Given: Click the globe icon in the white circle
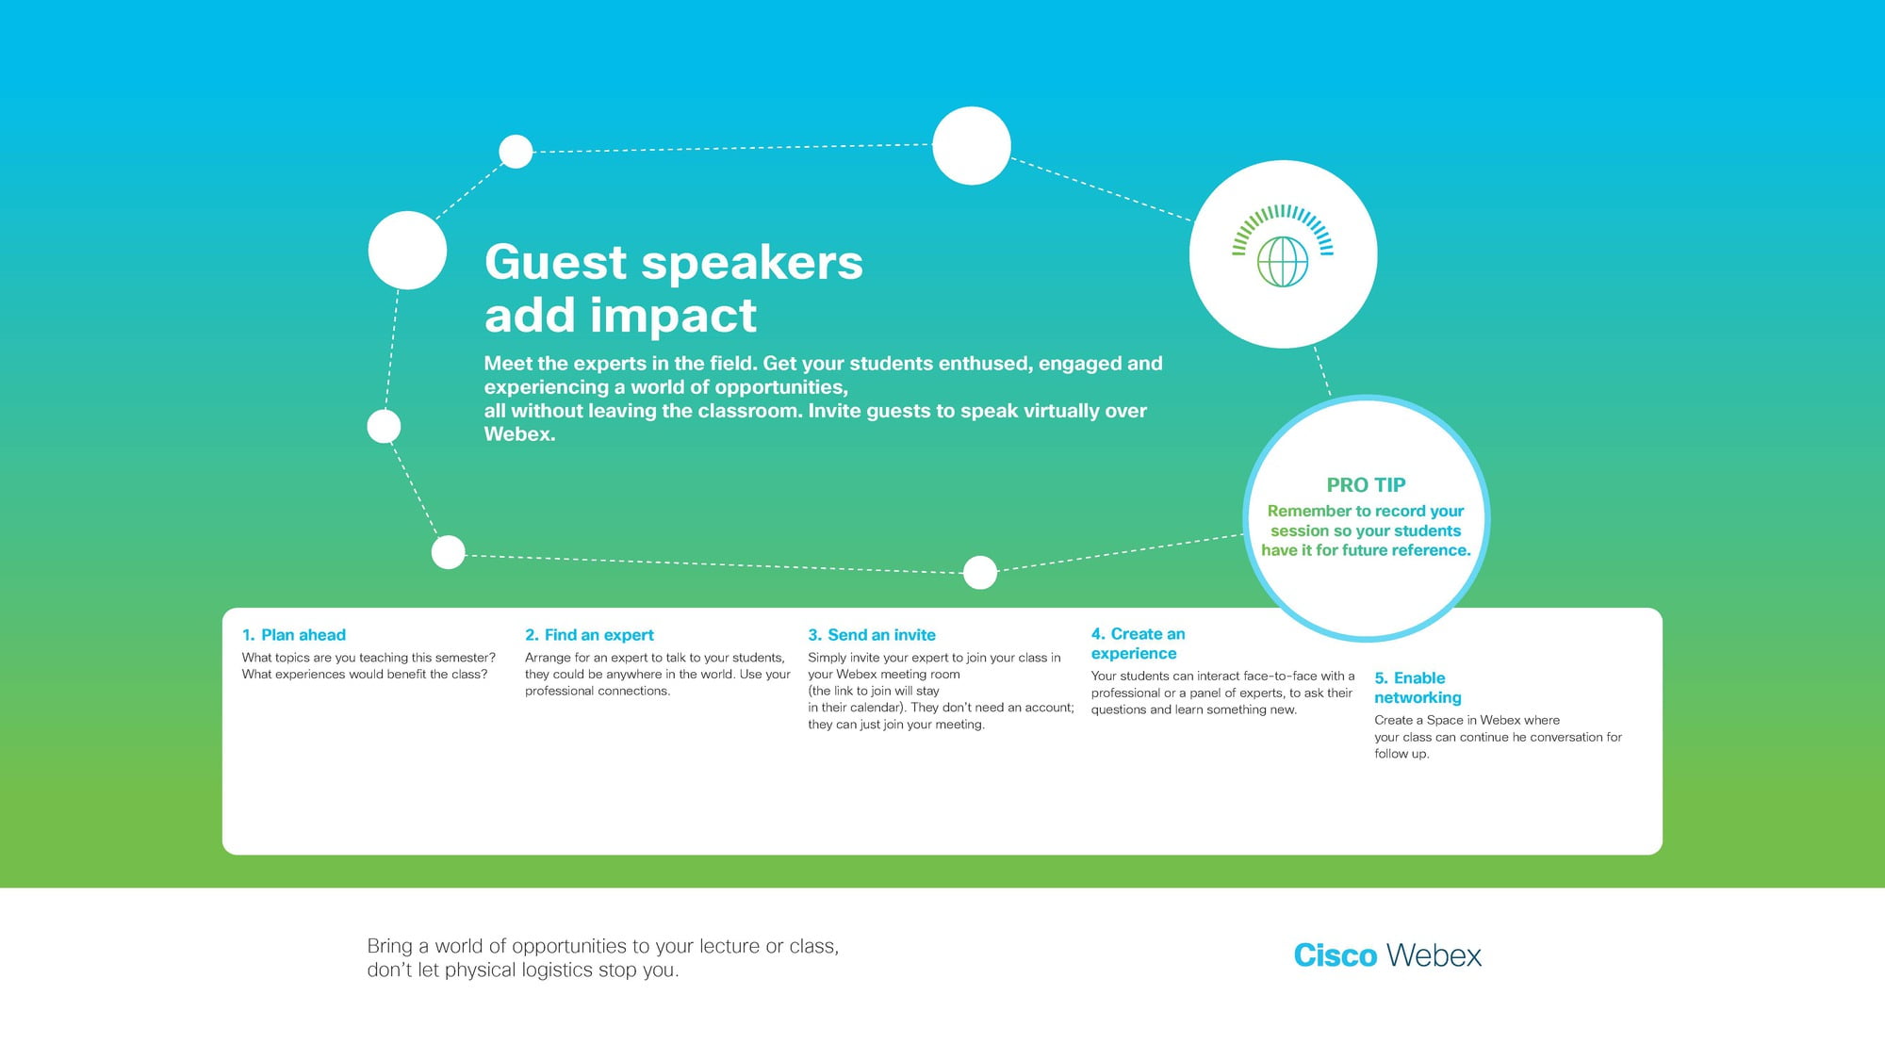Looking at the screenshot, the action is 1283,261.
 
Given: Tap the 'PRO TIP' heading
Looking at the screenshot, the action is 1366,485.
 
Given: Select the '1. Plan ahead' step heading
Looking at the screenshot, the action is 294,635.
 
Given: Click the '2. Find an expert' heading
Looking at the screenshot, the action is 589,635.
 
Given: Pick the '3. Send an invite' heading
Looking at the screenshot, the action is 872,635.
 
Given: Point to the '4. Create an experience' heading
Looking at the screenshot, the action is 1139,644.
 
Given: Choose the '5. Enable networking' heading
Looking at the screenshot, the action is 1418,688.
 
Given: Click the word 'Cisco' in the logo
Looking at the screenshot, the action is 1336,955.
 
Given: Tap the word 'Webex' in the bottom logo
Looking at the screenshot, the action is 1434,955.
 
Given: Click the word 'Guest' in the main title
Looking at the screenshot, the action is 556,262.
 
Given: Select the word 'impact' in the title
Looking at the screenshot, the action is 673,317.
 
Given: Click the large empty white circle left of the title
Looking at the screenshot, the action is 407,251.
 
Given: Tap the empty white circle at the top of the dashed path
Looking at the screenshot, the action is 972,146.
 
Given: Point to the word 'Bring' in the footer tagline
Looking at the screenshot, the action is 390,947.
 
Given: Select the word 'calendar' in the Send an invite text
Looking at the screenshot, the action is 877,708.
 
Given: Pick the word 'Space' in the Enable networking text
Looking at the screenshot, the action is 1445,720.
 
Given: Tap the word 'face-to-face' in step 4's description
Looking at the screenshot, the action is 1280,676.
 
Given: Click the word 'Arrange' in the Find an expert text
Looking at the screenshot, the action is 548,659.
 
